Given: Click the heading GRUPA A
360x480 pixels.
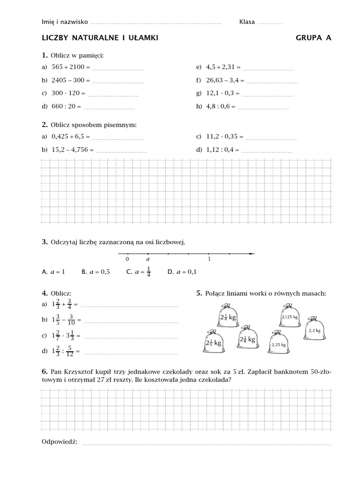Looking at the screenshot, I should point(313,38).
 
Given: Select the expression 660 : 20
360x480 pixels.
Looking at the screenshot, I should point(62,106).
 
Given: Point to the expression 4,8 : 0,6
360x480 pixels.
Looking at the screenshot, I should point(220,106).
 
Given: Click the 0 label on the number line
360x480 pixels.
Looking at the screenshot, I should point(127,259).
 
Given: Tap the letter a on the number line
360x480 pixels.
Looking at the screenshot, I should point(148,259).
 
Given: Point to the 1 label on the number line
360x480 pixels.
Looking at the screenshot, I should point(209,259).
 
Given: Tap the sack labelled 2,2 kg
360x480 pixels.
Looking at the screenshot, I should point(315,330).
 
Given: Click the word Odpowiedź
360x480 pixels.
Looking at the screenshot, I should point(60,442).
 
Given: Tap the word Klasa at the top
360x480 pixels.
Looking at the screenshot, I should point(247,22).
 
